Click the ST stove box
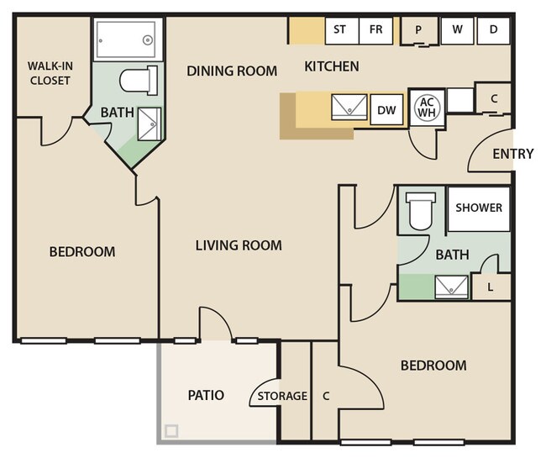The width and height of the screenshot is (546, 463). pos(342,30)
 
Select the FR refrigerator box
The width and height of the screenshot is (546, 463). pos(375,30)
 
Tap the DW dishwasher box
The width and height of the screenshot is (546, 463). pos(386,110)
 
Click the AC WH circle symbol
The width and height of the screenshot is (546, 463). pos(427,107)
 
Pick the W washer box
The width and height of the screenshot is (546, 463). pos(457,30)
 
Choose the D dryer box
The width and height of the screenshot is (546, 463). pos(493,30)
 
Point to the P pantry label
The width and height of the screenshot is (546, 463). pos(418,30)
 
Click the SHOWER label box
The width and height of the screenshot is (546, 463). pos(479,209)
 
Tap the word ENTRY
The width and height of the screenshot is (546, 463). pos(513,154)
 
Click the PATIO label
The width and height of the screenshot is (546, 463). pos(206,395)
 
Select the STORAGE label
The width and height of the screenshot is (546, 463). pos(282,396)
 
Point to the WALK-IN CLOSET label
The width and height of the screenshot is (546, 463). pos(50,73)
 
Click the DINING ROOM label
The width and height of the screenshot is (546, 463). pos(232,71)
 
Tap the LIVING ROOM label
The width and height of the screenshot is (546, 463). pos(239,245)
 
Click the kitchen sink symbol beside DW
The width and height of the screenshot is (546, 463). pos(349,107)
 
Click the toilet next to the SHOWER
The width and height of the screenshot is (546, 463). pos(421,211)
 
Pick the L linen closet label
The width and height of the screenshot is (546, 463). pos(491,287)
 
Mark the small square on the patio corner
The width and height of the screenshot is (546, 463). pos(171,431)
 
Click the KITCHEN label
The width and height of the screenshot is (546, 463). pos(332,66)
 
